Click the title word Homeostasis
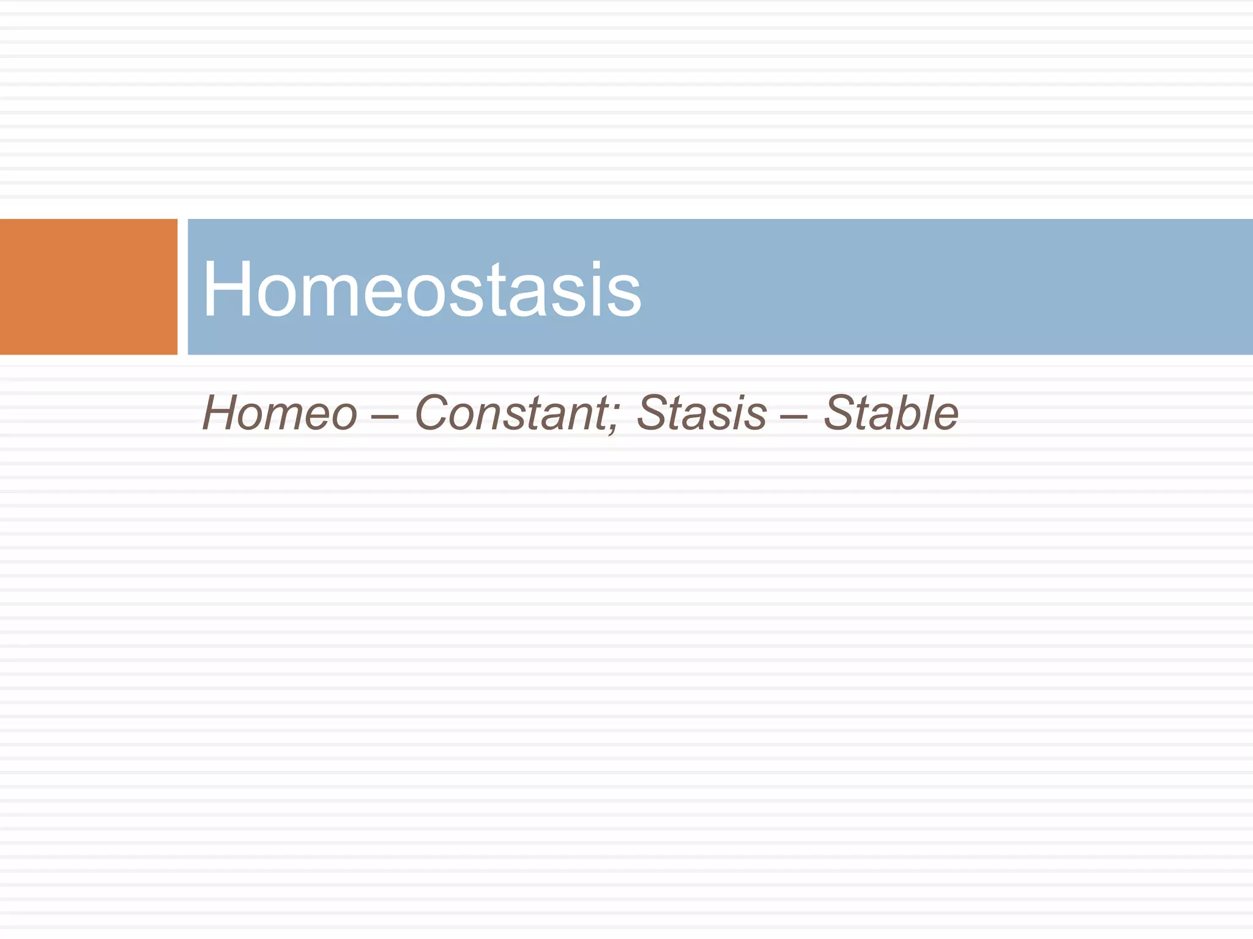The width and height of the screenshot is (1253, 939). [x=422, y=289]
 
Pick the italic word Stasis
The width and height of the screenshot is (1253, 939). [x=701, y=413]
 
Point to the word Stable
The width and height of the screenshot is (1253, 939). [x=891, y=413]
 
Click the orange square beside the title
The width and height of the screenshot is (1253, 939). [x=88, y=287]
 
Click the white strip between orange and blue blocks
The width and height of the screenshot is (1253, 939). [x=182, y=287]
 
